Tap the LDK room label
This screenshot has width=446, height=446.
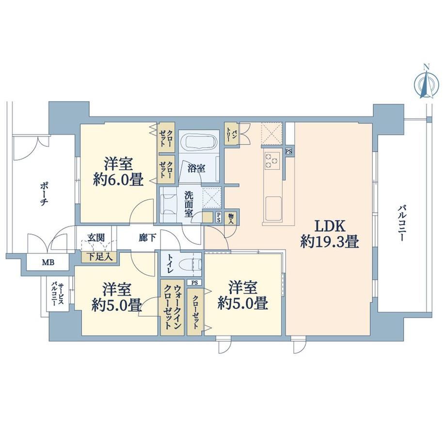pyautogui.click(x=330, y=226)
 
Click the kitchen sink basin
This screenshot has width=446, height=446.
pyautogui.click(x=273, y=209)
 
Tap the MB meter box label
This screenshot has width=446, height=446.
pyautogui.click(x=48, y=262)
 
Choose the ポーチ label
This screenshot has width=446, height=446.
pyautogui.click(x=44, y=194)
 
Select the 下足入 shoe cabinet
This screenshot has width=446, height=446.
pyautogui.click(x=99, y=257)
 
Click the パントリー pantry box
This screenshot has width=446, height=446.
pyautogui.click(x=231, y=134)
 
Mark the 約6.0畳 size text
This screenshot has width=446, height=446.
pyautogui.click(x=118, y=179)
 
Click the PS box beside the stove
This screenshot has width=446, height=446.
pyautogui.click(x=289, y=152)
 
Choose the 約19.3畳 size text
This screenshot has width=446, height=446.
pyautogui.click(x=330, y=242)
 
